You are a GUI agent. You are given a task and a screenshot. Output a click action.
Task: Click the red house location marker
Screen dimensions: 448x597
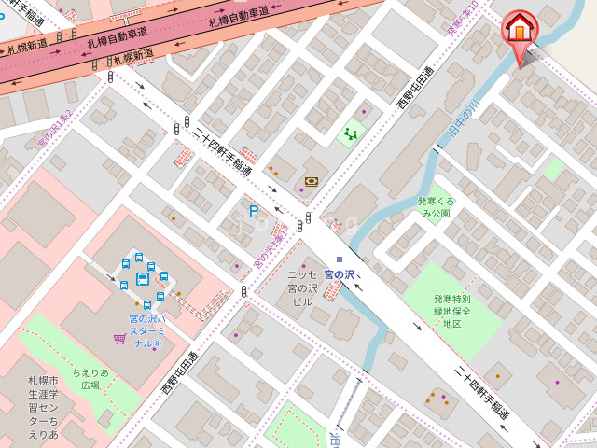point(520,31)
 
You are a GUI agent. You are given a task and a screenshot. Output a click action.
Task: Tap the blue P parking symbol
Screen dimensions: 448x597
point(253,212)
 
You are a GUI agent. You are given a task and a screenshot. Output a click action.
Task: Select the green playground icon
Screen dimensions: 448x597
point(352,133)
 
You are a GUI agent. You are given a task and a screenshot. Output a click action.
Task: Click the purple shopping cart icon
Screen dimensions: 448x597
point(119,338)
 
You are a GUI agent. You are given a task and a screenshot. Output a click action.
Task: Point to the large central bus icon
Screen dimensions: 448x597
point(143,278)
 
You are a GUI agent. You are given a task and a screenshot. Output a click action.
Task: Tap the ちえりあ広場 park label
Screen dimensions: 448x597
point(90,378)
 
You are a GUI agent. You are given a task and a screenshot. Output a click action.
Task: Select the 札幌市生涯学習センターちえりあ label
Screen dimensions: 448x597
point(42,408)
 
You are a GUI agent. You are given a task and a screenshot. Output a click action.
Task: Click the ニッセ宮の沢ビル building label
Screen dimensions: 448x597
point(301,288)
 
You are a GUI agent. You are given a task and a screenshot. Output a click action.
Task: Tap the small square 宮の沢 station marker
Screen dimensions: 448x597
point(340,259)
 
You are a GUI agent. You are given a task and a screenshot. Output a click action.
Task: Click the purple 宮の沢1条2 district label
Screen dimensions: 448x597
point(53,129)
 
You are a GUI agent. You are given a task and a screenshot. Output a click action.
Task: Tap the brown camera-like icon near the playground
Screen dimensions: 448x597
point(311,181)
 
